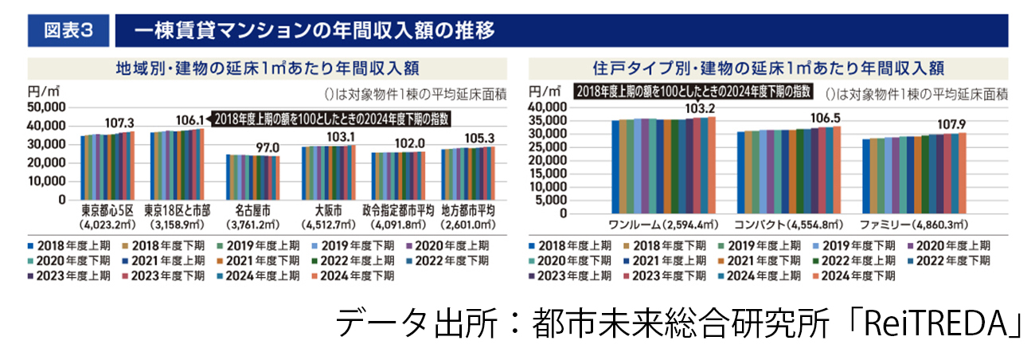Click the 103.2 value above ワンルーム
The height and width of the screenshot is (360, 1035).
point(701,109)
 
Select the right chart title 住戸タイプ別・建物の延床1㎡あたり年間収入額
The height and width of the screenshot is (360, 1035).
point(768,66)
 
